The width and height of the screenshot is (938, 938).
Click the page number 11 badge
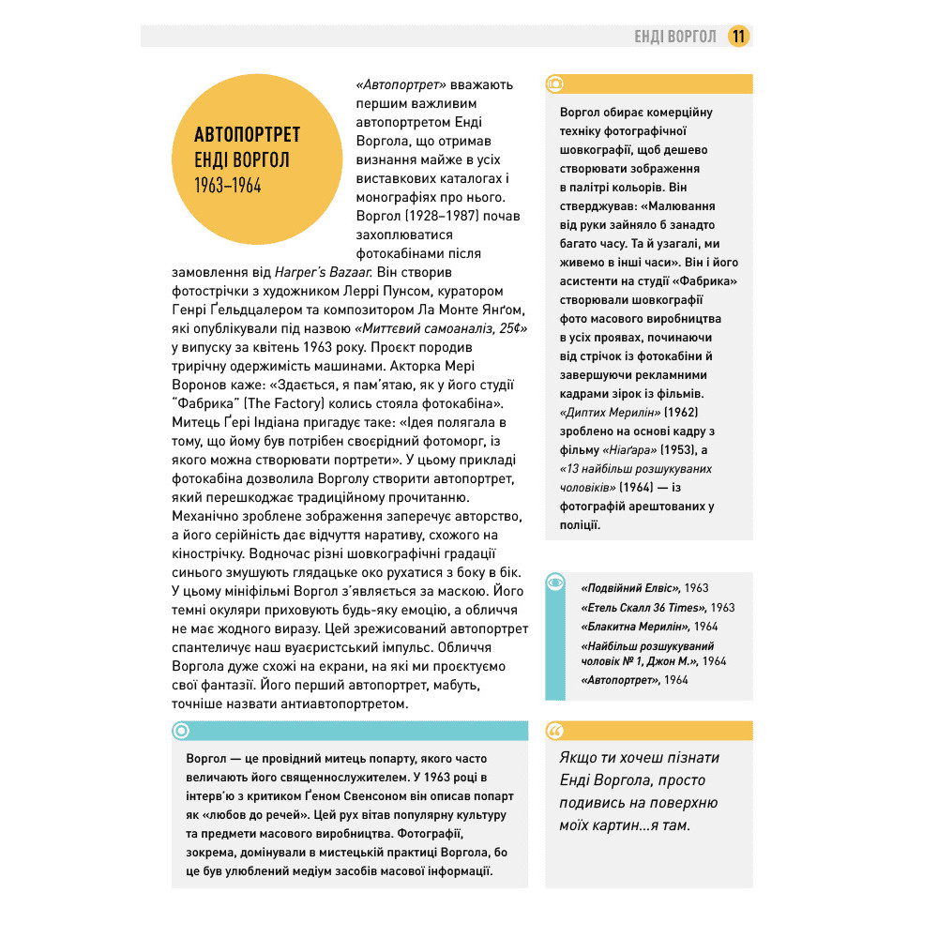pos(739,37)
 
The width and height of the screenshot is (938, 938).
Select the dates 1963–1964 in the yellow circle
pos(228,185)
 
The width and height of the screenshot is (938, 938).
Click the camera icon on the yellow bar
pos(556,84)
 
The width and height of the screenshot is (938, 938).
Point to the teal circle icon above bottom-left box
pos(182,731)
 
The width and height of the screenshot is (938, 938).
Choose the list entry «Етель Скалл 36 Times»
pos(645,607)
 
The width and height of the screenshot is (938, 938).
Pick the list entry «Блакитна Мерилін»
pos(636,626)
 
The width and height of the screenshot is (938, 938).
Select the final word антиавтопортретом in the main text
pos(339,703)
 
